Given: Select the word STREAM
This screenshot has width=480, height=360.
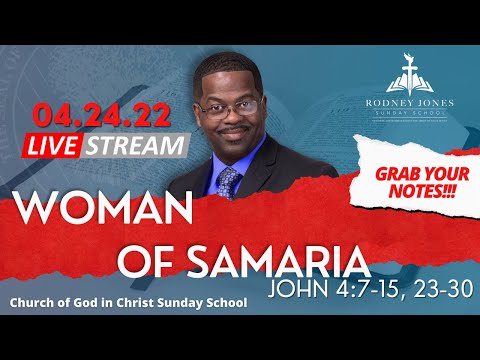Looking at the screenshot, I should (x=146, y=144).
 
